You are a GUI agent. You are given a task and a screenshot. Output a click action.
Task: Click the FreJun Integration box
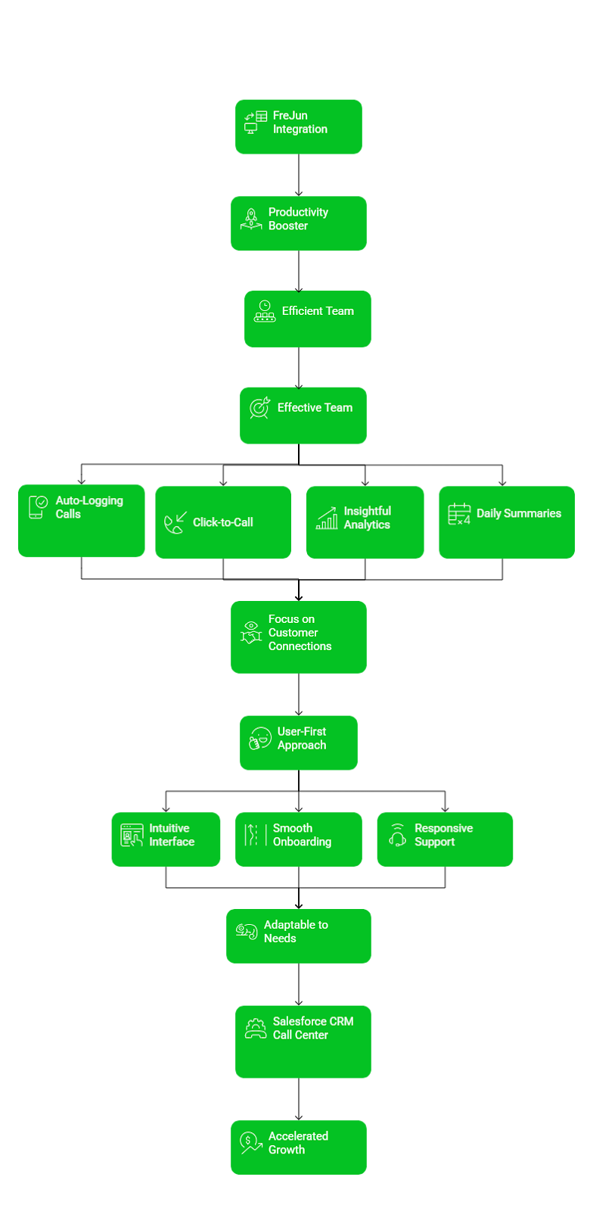point(299,126)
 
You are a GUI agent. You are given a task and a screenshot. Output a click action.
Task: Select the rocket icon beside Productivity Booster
point(251,219)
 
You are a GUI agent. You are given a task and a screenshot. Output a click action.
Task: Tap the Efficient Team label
point(318,311)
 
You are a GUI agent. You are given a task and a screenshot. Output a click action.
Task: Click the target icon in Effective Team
point(260,408)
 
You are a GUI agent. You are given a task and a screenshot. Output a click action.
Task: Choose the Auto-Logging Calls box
point(82,521)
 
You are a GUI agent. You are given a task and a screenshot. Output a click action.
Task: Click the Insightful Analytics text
point(367,518)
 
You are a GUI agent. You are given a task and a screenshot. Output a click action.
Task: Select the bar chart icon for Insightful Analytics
point(327,518)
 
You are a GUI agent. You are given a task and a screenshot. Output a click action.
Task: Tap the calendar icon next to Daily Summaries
point(459,514)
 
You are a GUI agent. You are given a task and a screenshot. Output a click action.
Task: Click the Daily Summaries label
point(519,513)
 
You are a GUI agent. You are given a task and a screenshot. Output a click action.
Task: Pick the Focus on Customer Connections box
point(299,637)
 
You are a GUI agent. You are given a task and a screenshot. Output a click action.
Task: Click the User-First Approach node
point(299,742)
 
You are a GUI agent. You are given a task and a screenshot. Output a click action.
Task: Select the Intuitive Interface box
point(166,839)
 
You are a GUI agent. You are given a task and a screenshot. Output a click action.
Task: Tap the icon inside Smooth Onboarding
point(252,835)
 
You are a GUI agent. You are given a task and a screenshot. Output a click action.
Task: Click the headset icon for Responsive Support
point(397,835)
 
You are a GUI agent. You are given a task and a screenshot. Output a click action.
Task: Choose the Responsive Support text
point(443,835)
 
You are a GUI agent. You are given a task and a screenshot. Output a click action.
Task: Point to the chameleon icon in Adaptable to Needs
point(247,931)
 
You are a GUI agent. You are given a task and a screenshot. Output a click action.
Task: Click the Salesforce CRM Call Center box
point(303,1041)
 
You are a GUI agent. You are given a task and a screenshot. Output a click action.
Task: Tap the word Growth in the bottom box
point(287,1150)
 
